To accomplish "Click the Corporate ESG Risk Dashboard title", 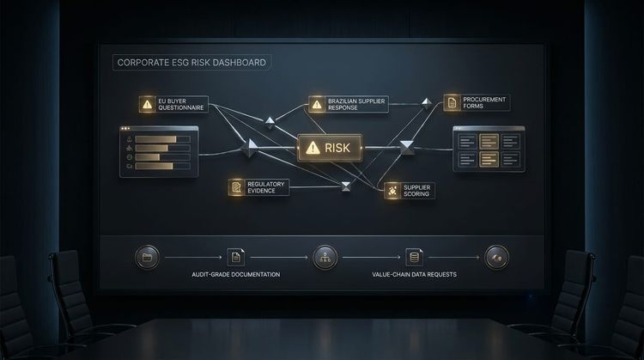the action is pyautogui.click(x=191, y=63).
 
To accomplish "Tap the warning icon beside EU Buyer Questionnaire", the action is pyautogui.click(x=147, y=104).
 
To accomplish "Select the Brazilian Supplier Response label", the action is pyautogui.click(x=356, y=104).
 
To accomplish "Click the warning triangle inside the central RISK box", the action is pyautogui.click(x=313, y=148).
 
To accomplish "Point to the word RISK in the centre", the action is pyautogui.click(x=337, y=148).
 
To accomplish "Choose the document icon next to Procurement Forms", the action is pyautogui.click(x=452, y=102).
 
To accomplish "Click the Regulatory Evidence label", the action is pyautogui.click(x=265, y=187).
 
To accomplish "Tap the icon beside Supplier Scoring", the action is pyautogui.click(x=392, y=191).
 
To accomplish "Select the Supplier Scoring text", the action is pyautogui.click(x=416, y=191).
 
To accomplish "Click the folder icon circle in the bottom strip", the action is pyautogui.click(x=147, y=258).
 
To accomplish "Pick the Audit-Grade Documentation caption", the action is pyautogui.click(x=236, y=275).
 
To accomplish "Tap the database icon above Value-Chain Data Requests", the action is pyautogui.click(x=414, y=257).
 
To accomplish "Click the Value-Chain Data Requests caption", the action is pyautogui.click(x=414, y=275).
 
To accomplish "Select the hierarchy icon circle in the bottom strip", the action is pyautogui.click(x=325, y=258).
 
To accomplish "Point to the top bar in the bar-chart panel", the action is pyautogui.click(x=155, y=139).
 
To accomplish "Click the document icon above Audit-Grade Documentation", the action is pyautogui.click(x=236, y=257).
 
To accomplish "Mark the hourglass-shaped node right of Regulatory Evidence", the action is pyautogui.click(x=346, y=186).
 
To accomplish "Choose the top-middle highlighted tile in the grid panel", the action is pyautogui.click(x=489, y=142).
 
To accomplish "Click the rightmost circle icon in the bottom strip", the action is pyautogui.click(x=496, y=258).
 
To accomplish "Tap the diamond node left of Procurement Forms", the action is pyautogui.click(x=427, y=103).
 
